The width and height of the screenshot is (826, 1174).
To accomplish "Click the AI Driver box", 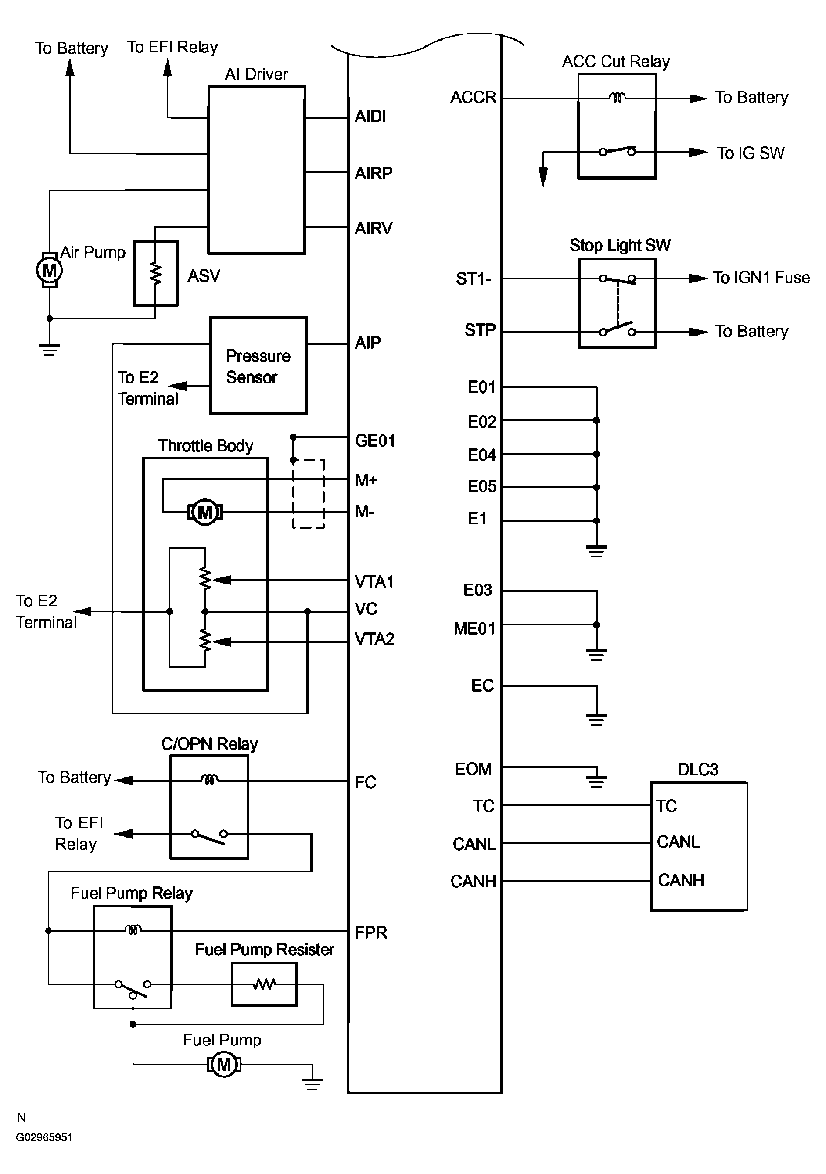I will [256, 170].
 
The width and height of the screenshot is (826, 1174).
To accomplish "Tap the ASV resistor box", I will [156, 274].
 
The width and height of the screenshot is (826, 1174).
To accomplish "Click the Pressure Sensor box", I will [258, 366].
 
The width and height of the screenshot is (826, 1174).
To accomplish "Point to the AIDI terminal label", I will [371, 117].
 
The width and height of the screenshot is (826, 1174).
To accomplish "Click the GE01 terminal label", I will [375, 441].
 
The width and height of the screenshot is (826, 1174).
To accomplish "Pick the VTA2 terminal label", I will [374, 639].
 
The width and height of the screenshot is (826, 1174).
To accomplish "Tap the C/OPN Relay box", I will [209, 808].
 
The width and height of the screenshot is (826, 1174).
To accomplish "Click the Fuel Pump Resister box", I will [264, 984].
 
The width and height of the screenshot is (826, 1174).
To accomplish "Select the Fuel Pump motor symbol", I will [224, 1065].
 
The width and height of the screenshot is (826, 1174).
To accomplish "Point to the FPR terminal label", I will [371, 933].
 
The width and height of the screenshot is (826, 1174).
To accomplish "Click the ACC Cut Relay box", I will [617, 126].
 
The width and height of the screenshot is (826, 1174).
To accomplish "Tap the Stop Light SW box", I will [617, 304].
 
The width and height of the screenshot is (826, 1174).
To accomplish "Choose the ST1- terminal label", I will [473, 279].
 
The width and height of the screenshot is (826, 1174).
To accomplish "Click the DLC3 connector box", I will [699, 846].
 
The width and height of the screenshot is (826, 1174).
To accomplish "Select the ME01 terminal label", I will [474, 628].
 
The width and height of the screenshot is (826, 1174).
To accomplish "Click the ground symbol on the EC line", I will [596, 719].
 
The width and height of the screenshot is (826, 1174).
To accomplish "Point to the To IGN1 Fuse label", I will [761, 278].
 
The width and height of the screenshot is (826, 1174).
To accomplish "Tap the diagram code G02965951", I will [44, 1137].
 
